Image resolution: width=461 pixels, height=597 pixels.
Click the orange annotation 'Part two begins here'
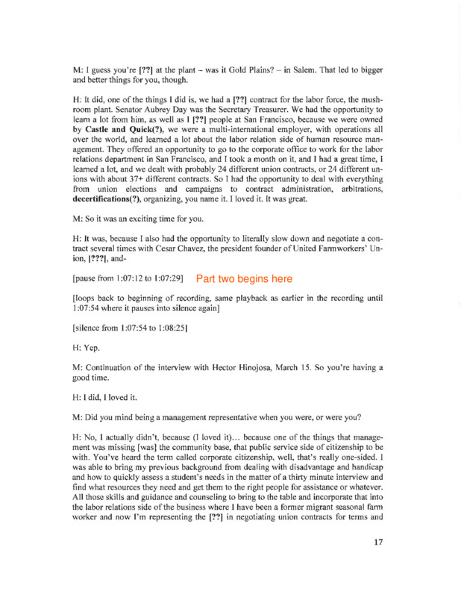tap(244, 279)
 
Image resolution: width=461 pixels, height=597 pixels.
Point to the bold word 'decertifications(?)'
tap(114, 222)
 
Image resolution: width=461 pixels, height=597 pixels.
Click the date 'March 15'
tap(311, 367)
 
